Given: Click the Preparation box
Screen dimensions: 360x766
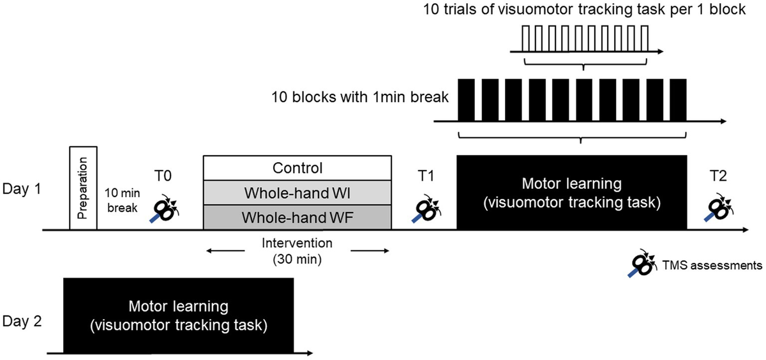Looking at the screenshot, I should pos(83,188).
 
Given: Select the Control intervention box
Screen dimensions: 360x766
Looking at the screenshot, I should pos(297,168).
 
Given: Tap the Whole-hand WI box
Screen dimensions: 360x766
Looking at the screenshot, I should pos(297,192).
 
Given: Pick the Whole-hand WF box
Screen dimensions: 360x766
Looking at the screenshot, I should pos(297,217).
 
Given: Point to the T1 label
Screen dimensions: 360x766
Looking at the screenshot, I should pos(424,174).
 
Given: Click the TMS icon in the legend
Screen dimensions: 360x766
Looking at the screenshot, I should pos(641,264).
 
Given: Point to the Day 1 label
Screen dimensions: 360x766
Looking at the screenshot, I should pos(22,190).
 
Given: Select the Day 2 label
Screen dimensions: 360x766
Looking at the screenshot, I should pos(23,320).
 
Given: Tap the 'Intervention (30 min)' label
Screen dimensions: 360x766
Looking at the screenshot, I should pos(297,251).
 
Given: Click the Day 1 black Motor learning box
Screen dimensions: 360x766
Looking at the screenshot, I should pos(572,192).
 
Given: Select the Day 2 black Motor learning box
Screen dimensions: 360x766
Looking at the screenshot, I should pos(178,315).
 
